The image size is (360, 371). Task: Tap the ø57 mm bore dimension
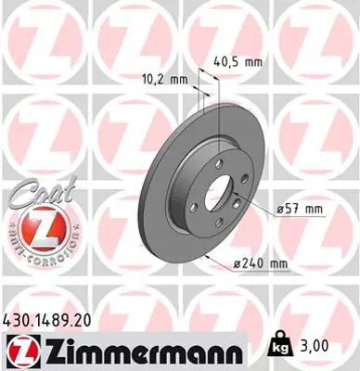(x=302, y=209)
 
